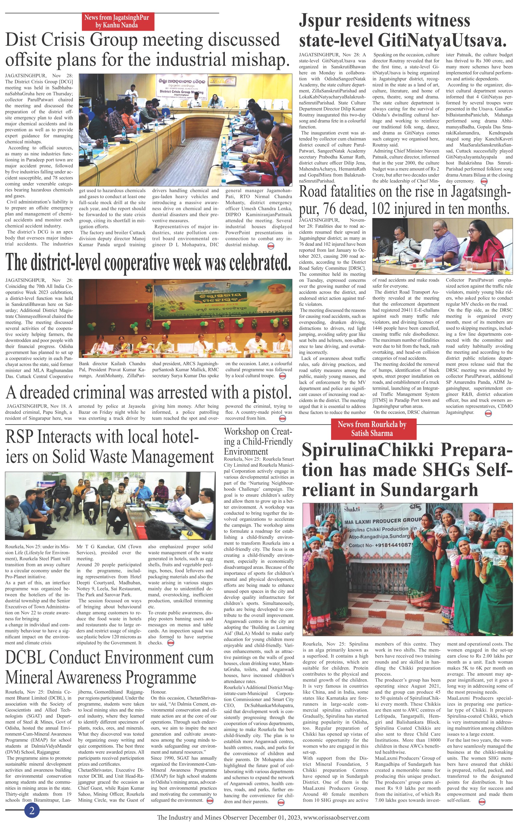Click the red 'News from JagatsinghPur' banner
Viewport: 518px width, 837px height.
116,21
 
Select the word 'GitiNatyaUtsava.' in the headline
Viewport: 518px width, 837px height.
442,41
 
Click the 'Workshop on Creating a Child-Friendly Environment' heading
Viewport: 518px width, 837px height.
258,441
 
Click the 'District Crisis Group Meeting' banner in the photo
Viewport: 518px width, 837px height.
181,92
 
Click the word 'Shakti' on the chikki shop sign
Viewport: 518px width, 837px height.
352,509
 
